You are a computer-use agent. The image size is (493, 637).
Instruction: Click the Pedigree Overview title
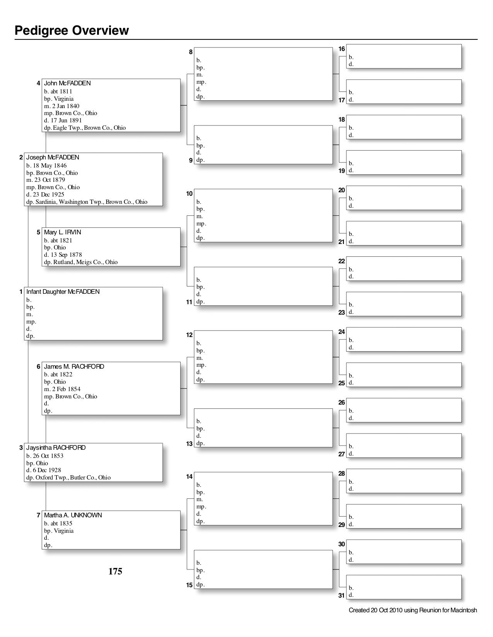(x=72, y=30)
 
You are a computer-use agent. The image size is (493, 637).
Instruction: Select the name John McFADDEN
(x=67, y=83)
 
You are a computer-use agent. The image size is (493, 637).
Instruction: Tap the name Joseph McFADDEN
(x=53, y=158)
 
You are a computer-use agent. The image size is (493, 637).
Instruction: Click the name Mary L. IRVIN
(x=63, y=232)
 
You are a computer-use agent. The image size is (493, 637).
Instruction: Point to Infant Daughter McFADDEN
(x=63, y=292)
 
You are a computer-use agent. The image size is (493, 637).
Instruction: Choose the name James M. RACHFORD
(x=74, y=367)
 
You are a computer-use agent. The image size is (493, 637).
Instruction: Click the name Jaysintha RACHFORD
(x=56, y=448)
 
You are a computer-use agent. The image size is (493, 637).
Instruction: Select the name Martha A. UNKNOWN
(x=73, y=515)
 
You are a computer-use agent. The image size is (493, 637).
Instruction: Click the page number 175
(x=115, y=571)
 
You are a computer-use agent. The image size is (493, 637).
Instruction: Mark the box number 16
(x=341, y=49)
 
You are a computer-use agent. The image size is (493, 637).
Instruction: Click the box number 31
(x=341, y=596)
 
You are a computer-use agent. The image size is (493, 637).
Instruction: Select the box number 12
(x=189, y=335)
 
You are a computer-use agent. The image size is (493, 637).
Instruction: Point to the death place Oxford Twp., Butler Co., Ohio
(x=73, y=478)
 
